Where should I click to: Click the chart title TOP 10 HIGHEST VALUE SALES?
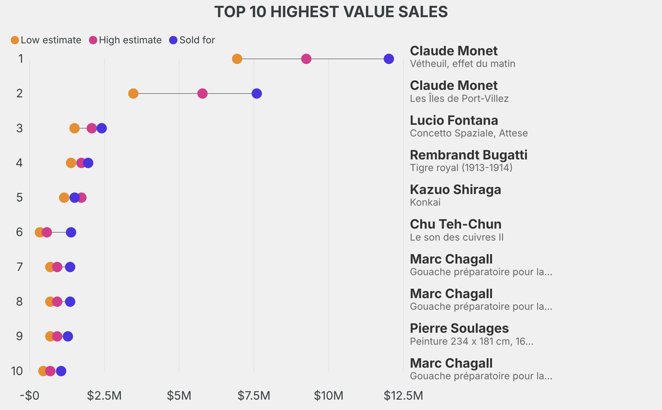(331, 12)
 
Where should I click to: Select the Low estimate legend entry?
(45, 40)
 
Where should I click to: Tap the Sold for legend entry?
(191, 40)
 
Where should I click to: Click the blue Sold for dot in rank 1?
(389, 59)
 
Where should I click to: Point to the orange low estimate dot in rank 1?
(237, 59)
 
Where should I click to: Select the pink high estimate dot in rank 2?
(202, 94)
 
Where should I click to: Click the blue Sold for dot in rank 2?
(257, 94)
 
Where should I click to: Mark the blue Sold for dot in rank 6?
(71, 232)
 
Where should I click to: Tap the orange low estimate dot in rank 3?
(74, 128)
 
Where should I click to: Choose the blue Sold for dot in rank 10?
(61, 371)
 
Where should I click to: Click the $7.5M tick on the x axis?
(253, 395)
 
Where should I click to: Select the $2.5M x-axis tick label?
(104, 395)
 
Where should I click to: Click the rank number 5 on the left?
(19, 197)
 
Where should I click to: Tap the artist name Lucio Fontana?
(454, 120)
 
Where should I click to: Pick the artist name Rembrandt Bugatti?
(469, 155)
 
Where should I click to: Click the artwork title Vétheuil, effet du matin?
(462, 63)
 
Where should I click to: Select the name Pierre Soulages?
(459, 329)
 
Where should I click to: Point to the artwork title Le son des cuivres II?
(456, 237)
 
